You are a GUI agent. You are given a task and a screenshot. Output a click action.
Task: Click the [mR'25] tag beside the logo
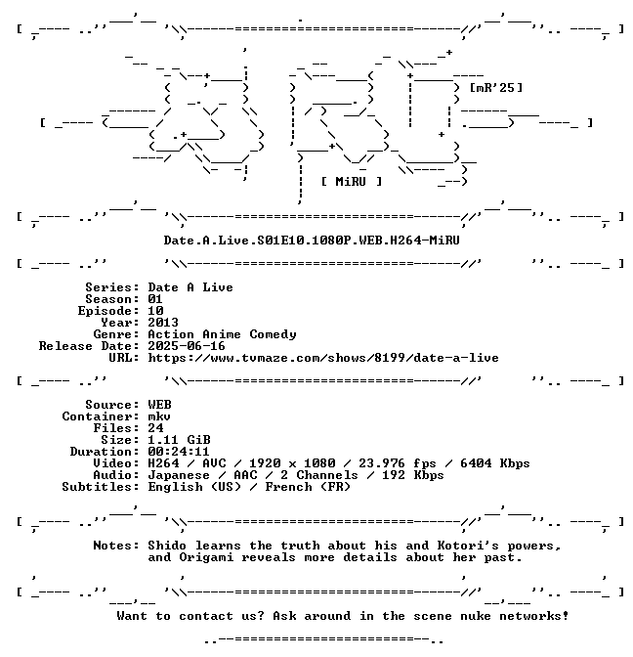click(x=496, y=88)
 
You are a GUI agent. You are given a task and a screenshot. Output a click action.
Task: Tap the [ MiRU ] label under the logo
click(x=352, y=182)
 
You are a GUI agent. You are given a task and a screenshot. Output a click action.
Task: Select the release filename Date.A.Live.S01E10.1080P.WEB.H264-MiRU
click(x=312, y=241)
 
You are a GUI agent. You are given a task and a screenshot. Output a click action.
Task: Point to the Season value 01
click(x=155, y=299)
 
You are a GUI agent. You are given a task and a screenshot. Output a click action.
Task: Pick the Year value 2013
click(x=163, y=323)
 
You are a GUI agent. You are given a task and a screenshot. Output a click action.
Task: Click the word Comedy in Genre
click(x=273, y=334)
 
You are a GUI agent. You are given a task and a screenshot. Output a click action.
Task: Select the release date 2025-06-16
click(x=187, y=346)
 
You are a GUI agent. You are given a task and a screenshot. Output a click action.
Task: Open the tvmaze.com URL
click(x=323, y=358)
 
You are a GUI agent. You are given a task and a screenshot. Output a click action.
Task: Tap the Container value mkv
click(x=159, y=416)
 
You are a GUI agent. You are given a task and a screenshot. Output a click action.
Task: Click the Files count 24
click(x=155, y=428)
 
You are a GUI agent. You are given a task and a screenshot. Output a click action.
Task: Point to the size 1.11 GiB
click(x=179, y=440)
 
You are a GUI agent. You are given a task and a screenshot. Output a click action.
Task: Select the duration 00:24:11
click(x=179, y=452)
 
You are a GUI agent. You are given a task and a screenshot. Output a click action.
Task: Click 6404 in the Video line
click(x=476, y=463)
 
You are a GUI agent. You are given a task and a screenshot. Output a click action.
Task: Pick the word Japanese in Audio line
click(x=179, y=475)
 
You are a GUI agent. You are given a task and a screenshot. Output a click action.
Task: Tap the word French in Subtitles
click(x=288, y=487)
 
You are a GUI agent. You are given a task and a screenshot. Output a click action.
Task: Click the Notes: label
click(x=116, y=546)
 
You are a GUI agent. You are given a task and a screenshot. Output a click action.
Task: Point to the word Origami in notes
click(x=206, y=557)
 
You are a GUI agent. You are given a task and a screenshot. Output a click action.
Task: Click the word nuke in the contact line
click(x=476, y=616)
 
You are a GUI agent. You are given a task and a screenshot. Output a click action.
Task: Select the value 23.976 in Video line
click(x=382, y=463)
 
